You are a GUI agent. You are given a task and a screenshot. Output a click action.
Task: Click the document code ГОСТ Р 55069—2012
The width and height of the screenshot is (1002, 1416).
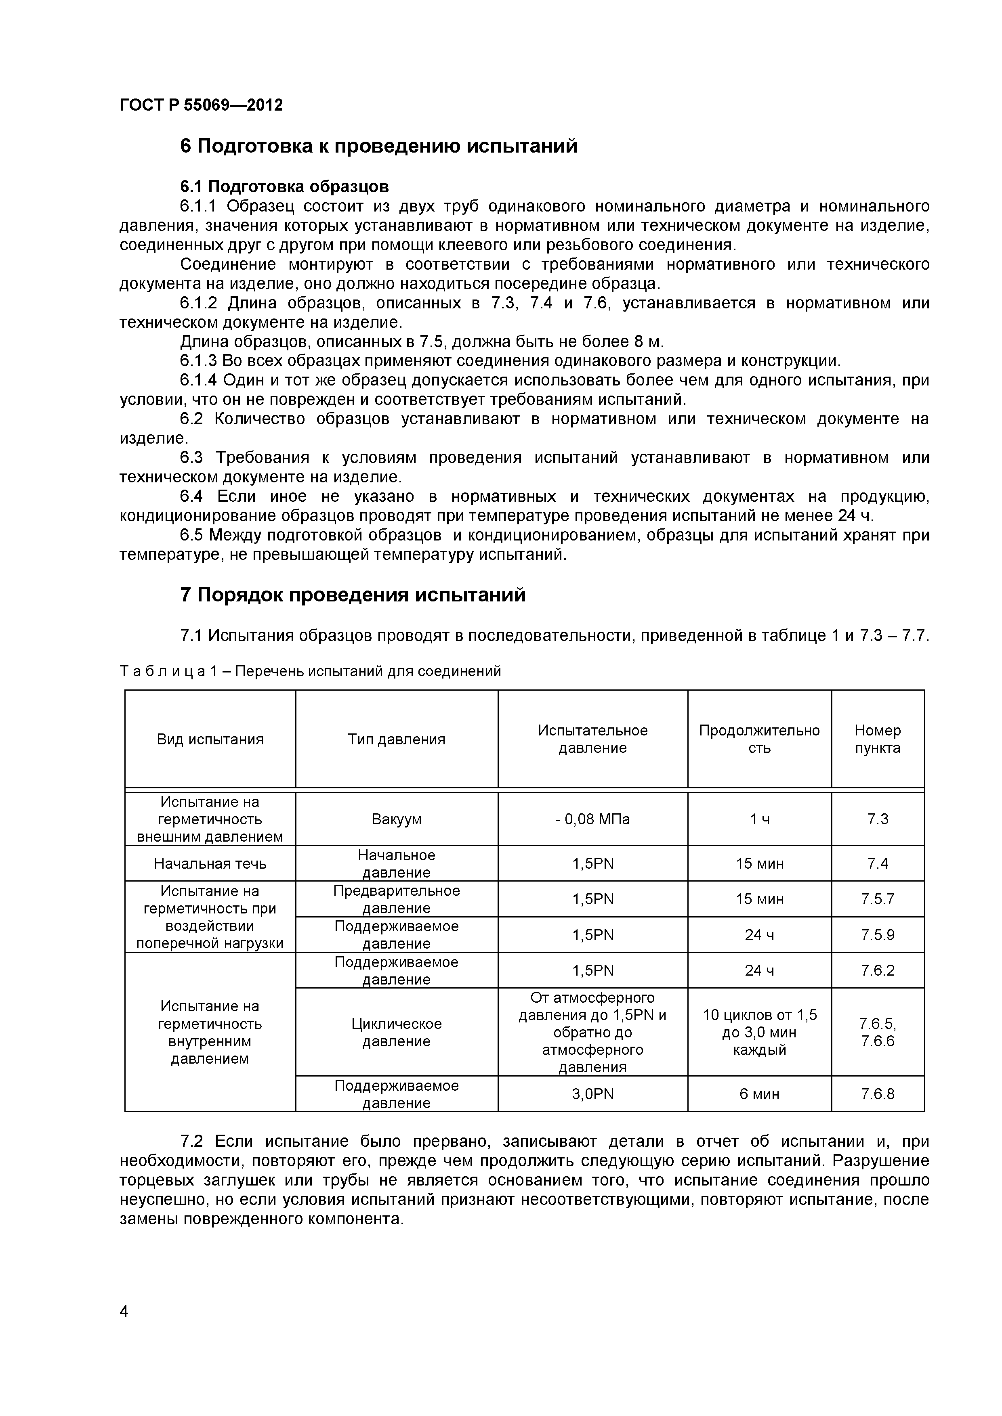[201, 105]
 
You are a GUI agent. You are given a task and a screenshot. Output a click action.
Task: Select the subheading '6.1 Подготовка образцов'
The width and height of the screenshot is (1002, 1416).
[284, 186]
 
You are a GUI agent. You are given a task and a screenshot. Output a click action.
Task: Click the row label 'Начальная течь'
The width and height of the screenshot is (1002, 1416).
[210, 863]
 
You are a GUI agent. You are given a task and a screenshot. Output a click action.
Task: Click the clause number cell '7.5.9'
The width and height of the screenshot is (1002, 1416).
[877, 935]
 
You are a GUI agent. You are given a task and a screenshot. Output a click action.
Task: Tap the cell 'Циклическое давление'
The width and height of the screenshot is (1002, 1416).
[396, 1033]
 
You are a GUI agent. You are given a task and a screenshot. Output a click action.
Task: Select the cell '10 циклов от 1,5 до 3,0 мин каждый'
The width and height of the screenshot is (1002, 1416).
[760, 1033]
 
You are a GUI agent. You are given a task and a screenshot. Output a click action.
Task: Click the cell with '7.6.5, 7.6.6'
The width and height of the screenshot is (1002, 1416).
[877, 1033]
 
